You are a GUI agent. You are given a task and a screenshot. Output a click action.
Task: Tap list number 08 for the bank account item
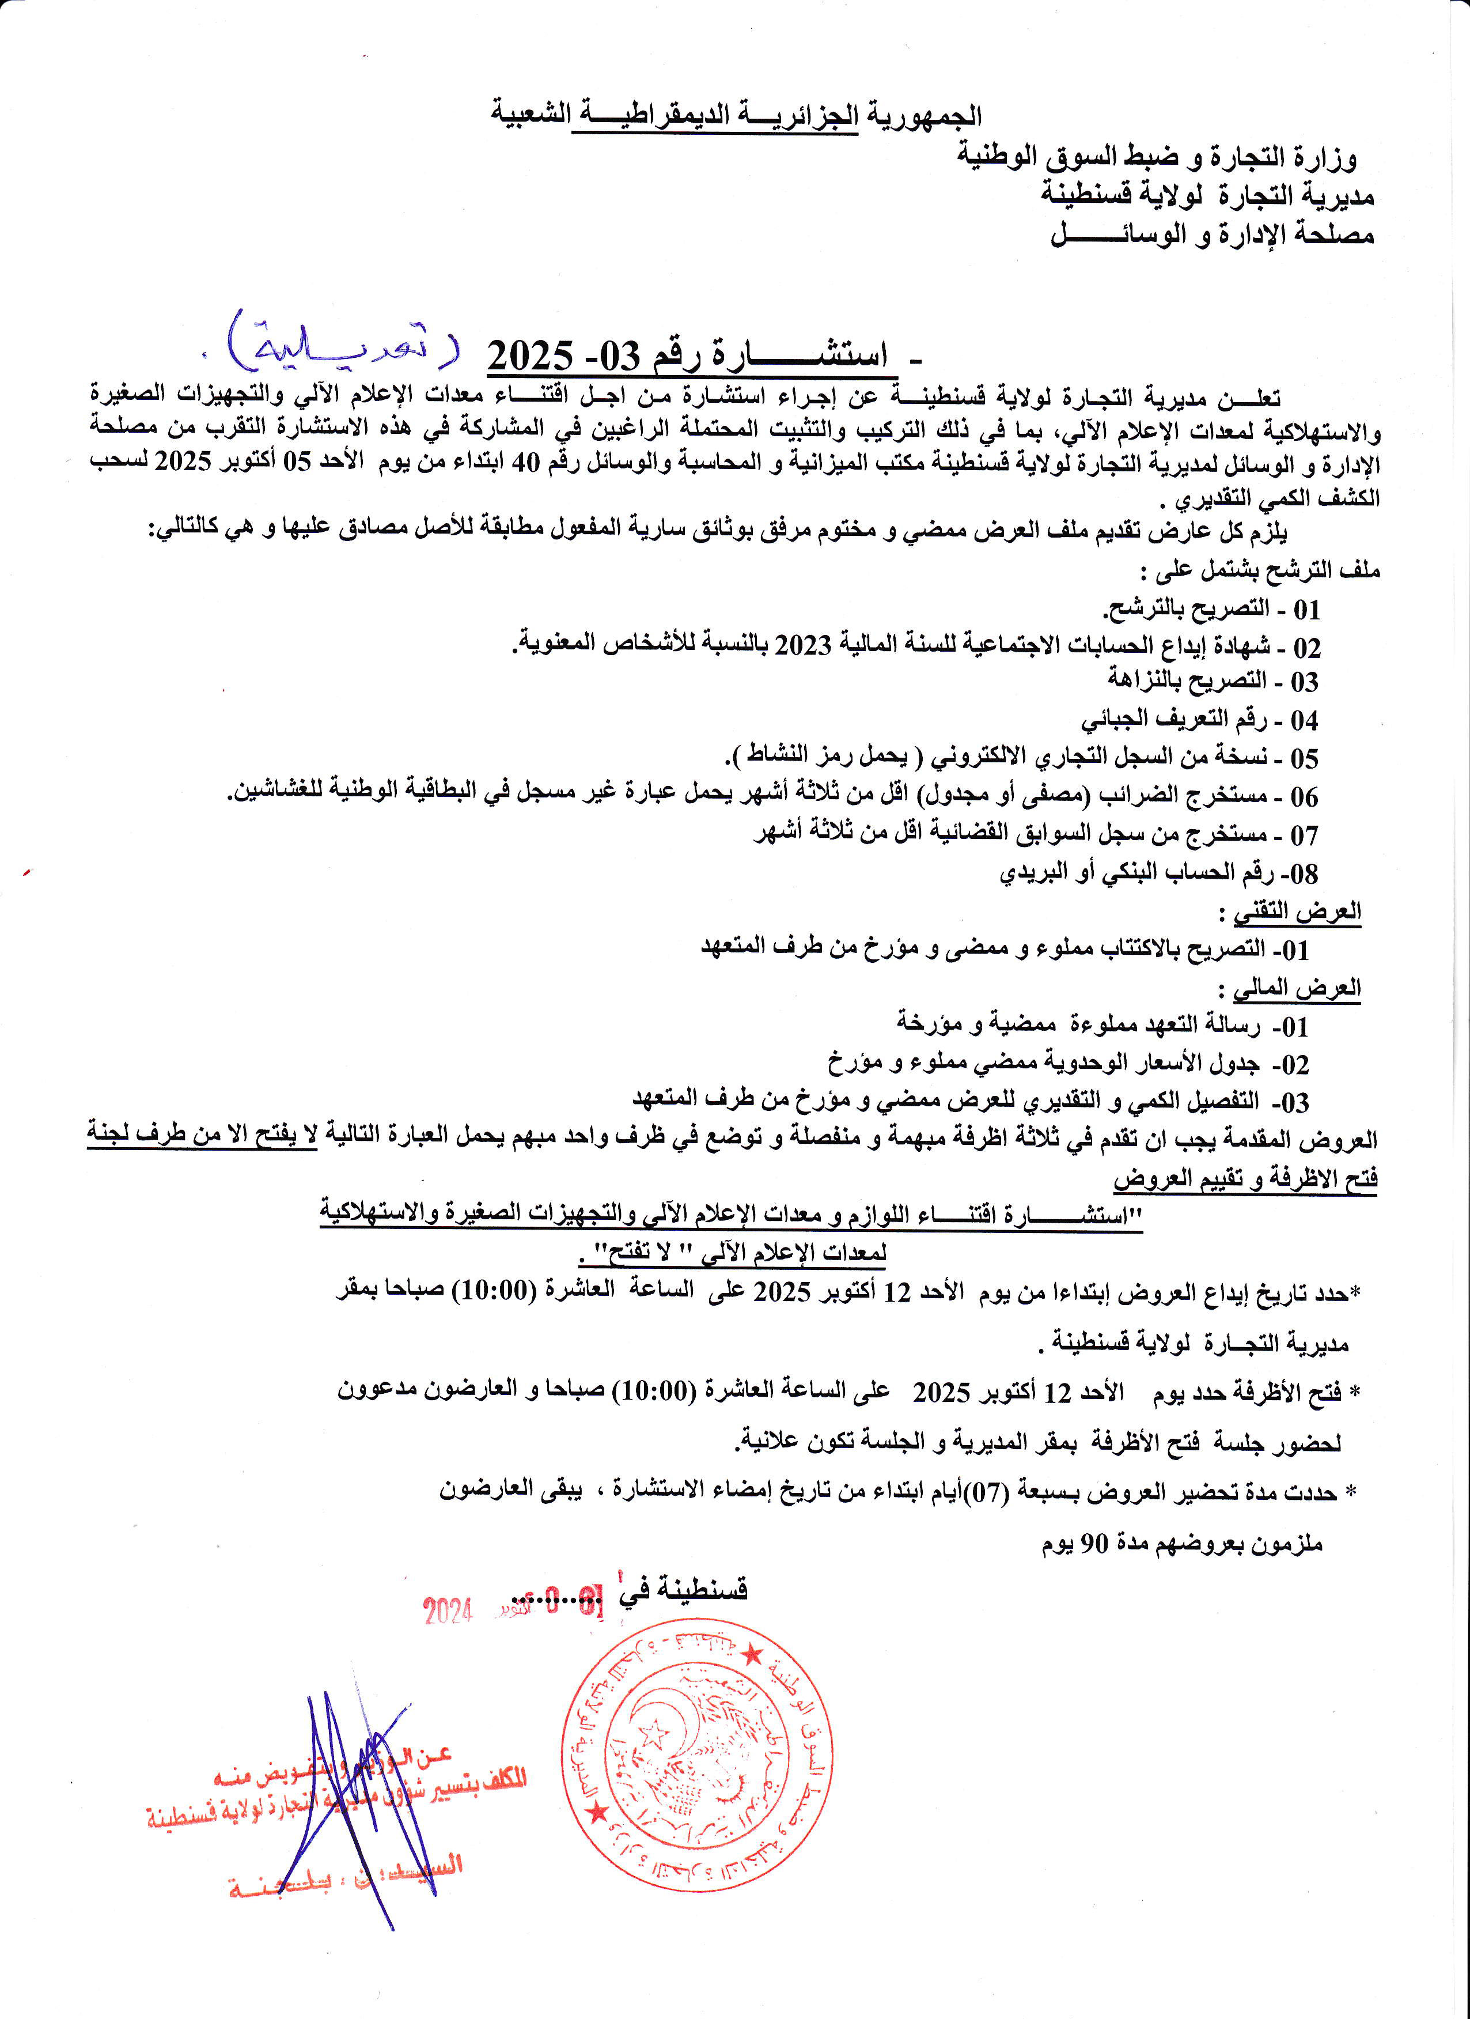(x=1304, y=874)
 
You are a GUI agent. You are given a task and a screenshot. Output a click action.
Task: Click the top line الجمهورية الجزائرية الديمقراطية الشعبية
(x=736, y=116)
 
